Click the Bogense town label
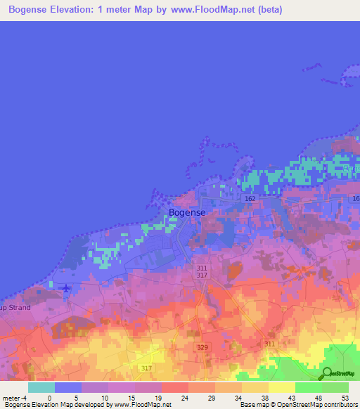tap(188, 212)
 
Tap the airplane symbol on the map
tap(66, 288)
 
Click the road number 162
tap(250, 199)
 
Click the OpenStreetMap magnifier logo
tap(327, 374)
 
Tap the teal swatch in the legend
tap(41, 387)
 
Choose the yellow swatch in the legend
tap(281, 387)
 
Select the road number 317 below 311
tap(202, 275)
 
